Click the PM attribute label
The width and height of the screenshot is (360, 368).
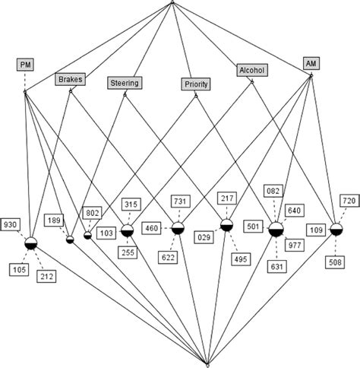25,65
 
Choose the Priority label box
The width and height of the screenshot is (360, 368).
197,84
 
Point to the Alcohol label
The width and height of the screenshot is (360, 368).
251,69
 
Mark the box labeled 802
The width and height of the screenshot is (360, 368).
93,214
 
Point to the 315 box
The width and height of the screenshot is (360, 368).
131,205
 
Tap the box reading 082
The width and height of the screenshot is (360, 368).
275,189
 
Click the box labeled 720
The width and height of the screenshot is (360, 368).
347,205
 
